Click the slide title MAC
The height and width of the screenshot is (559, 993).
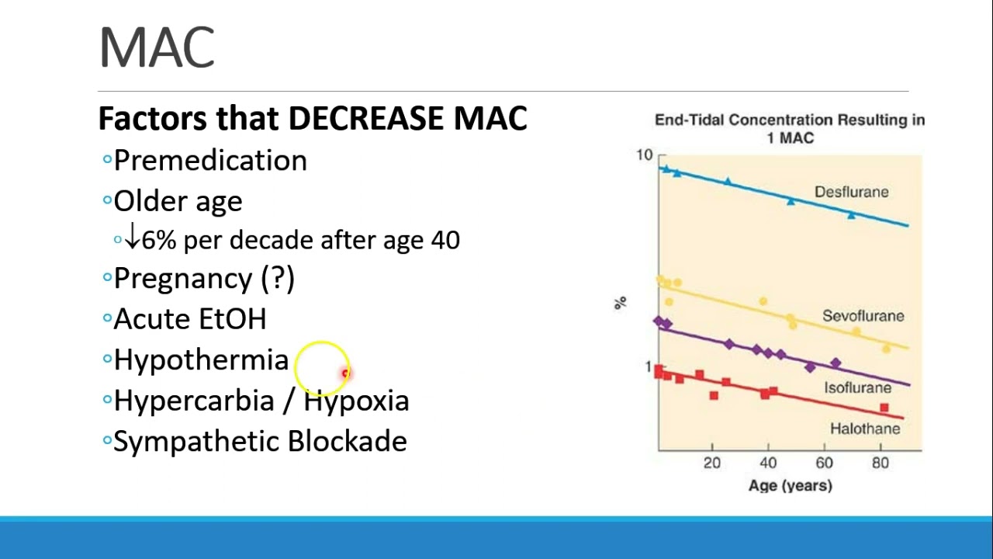point(157,48)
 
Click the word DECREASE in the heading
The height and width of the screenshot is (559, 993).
point(367,119)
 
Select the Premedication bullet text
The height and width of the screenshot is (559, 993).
point(210,161)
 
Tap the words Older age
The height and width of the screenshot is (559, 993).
point(178,201)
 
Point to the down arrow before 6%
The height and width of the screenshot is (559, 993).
point(132,238)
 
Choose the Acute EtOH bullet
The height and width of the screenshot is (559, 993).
point(189,319)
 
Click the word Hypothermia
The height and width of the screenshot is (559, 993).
point(201,360)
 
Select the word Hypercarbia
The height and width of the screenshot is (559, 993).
point(193,401)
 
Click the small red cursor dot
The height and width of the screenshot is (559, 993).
point(345,373)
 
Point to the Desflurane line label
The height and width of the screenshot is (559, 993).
point(851,192)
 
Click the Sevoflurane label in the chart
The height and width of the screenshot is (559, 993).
point(863,316)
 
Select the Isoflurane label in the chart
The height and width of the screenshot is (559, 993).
point(857,387)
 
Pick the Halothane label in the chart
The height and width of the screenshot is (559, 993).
point(865,429)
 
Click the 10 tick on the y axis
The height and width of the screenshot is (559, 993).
point(644,155)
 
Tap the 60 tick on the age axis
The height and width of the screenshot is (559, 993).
point(824,464)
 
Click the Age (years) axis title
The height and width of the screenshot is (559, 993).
point(790,486)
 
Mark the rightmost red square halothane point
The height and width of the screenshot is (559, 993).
point(884,408)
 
